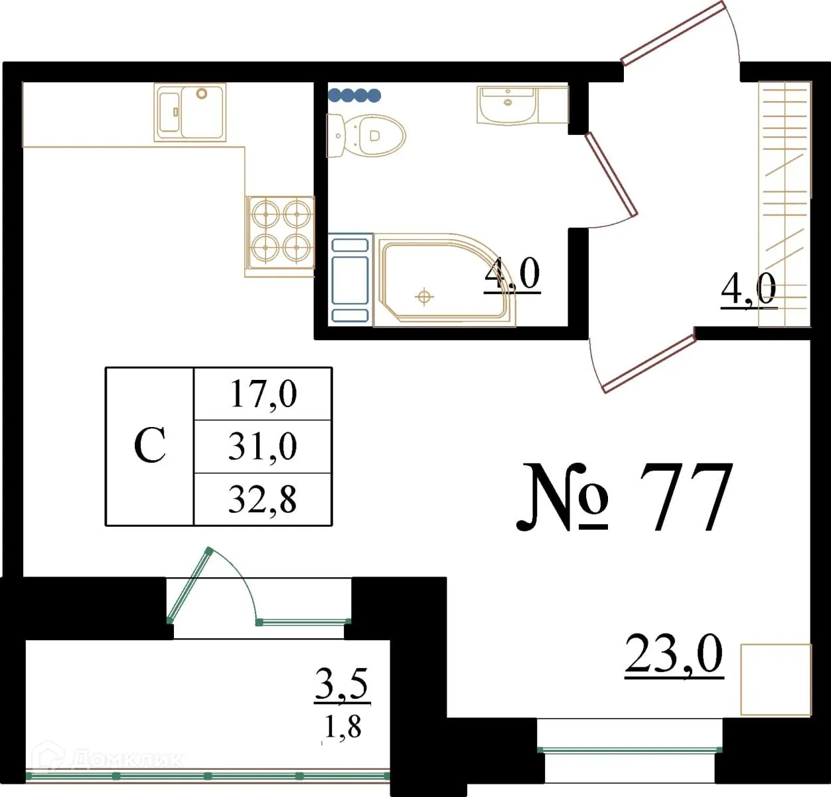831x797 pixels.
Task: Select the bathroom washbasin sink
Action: (507, 105)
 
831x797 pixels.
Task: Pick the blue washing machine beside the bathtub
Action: (350, 279)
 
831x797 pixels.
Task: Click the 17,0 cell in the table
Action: (262, 394)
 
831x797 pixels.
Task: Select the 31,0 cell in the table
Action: (262, 446)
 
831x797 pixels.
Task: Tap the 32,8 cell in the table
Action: (262, 499)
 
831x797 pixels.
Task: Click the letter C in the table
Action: (149, 446)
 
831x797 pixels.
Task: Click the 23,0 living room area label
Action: (673, 656)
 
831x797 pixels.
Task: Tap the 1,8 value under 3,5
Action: (342, 727)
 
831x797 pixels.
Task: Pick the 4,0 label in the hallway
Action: (748, 290)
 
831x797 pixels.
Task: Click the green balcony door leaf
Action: (190, 585)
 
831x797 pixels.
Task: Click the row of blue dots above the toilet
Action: (354, 96)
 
